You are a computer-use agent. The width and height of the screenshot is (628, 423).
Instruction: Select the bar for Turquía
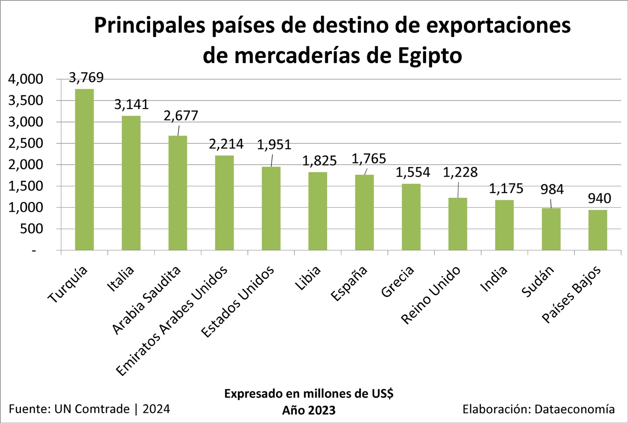[84, 169]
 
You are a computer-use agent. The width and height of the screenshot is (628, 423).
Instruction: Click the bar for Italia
[131, 183]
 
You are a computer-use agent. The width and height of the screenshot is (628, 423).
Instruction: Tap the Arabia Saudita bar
[178, 193]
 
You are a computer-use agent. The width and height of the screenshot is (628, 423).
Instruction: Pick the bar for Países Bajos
[598, 229]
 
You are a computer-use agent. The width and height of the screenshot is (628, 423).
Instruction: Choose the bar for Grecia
[411, 216]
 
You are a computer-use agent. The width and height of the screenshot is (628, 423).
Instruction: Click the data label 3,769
[86, 78]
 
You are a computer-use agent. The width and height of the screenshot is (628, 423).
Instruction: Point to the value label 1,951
[274, 145]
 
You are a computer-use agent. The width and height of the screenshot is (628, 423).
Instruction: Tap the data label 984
[552, 189]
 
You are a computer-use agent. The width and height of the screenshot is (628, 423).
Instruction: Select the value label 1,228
[460, 172]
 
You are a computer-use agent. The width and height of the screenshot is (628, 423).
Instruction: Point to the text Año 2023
[309, 410]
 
